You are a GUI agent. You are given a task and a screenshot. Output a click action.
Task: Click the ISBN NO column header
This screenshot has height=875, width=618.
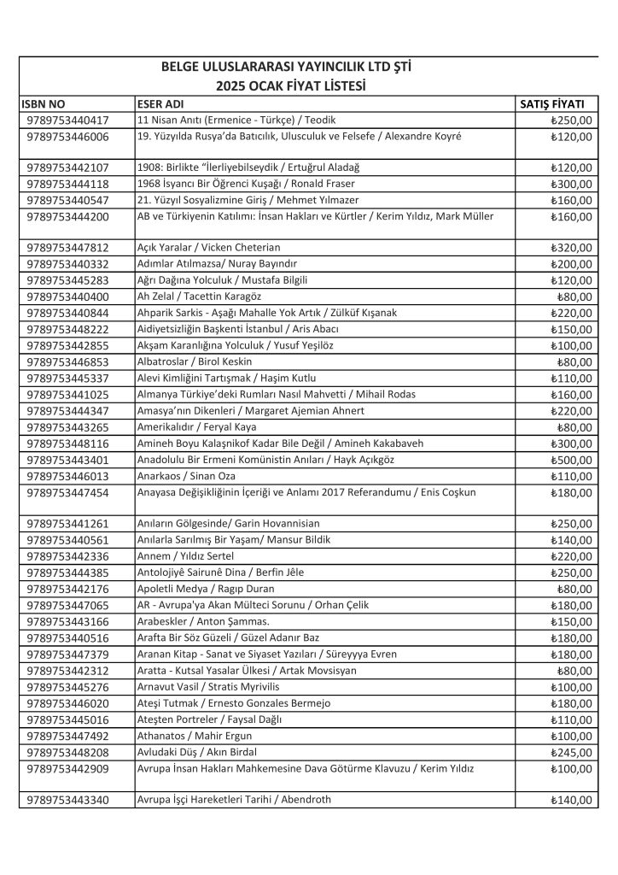coord(44,103)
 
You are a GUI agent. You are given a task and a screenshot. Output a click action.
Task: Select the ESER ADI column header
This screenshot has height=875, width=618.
coord(163,103)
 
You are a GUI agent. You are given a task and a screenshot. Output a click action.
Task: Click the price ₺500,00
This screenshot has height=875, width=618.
coord(571,460)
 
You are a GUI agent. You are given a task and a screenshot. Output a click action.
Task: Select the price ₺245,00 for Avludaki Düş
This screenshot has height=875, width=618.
coord(571,752)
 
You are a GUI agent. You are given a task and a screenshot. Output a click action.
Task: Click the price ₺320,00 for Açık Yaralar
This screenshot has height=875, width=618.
coord(571,248)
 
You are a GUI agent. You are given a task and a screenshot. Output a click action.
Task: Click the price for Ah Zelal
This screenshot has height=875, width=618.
coord(574,297)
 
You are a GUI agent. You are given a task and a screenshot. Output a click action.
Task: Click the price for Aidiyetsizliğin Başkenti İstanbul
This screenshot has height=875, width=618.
coord(571,329)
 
